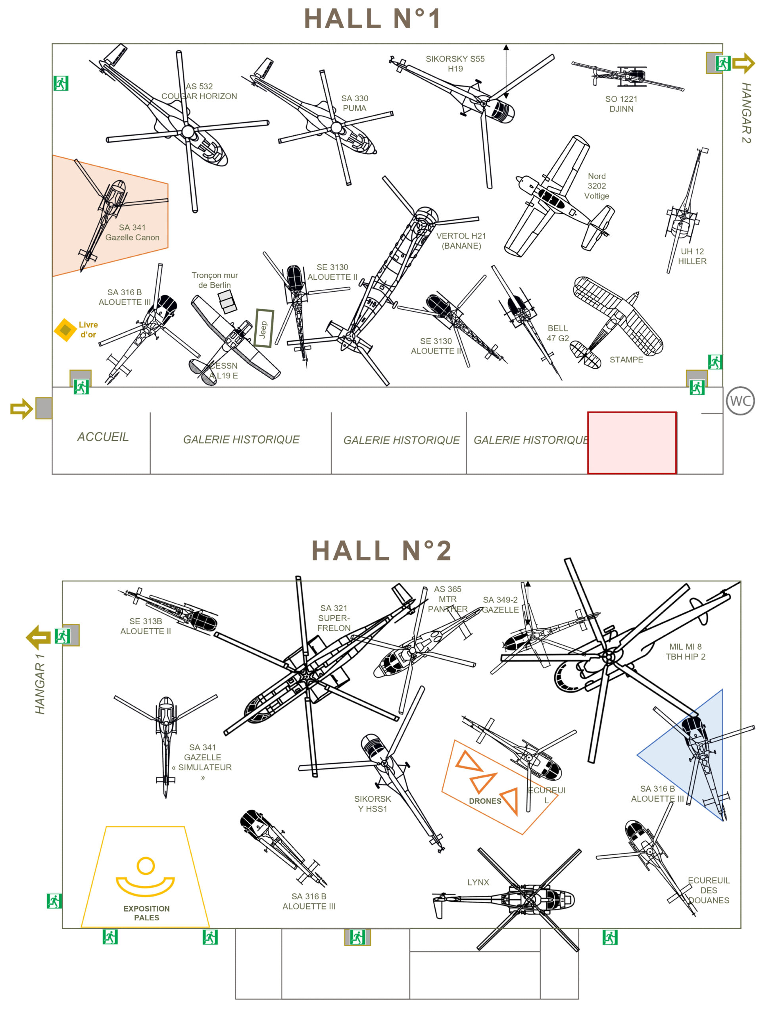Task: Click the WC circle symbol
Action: point(740,400)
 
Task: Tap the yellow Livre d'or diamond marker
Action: point(65,330)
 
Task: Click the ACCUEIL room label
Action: point(102,437)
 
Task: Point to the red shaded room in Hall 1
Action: point(632,442)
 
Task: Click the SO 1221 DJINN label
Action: point(621,104)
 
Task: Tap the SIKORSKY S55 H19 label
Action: point(455,64)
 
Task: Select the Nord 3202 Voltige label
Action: point(596,186)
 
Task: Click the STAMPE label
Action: point(626,360)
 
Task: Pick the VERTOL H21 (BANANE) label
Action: point(461,241)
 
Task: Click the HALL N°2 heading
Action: point(381,550)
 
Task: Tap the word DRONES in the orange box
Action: point(484,800)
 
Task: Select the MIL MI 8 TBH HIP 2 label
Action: point(685,651)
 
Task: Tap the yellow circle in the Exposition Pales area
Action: point(146,866)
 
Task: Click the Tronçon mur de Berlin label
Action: point(214,280)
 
